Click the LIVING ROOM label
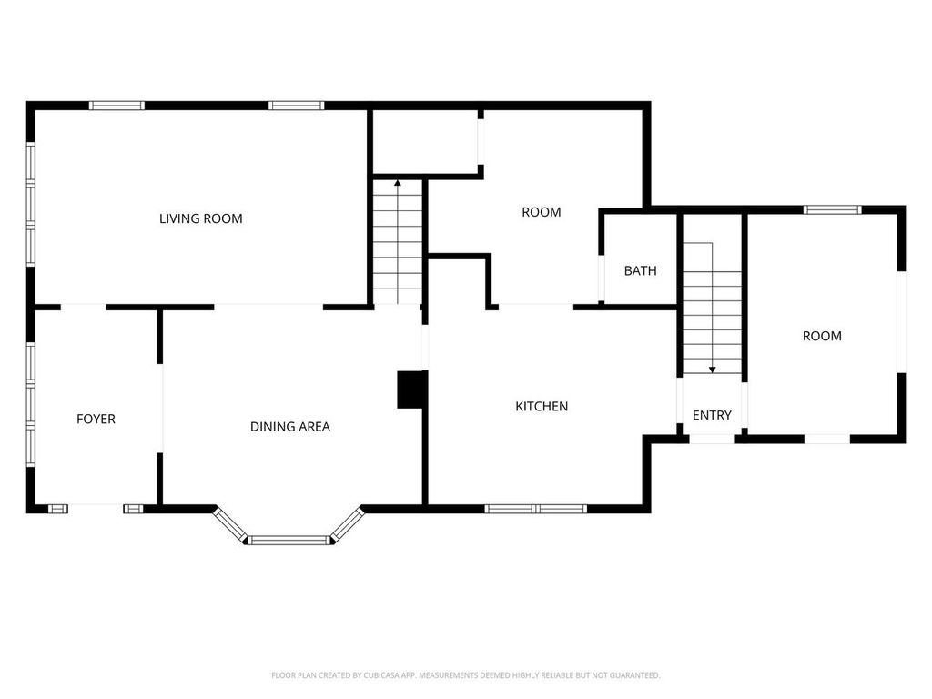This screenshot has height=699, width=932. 200,218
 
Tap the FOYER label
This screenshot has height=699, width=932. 96,419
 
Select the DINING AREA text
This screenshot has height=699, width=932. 289,426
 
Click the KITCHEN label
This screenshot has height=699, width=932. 542,406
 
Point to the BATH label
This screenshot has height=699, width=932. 640,271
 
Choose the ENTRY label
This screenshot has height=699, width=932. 712,415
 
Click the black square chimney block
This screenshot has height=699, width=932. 411,390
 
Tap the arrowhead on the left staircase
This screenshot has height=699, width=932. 398,184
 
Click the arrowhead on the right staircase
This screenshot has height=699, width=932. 712,370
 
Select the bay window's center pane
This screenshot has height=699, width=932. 289,540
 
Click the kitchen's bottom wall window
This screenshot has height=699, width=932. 535,508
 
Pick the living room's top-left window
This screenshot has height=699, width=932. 116,106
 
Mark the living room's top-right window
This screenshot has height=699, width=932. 297,106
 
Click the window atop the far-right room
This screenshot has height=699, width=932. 832,210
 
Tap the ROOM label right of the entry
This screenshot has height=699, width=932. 822,336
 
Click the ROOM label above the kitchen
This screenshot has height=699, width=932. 541,212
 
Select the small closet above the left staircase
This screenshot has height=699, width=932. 426,141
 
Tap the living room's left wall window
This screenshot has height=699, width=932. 31,205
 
